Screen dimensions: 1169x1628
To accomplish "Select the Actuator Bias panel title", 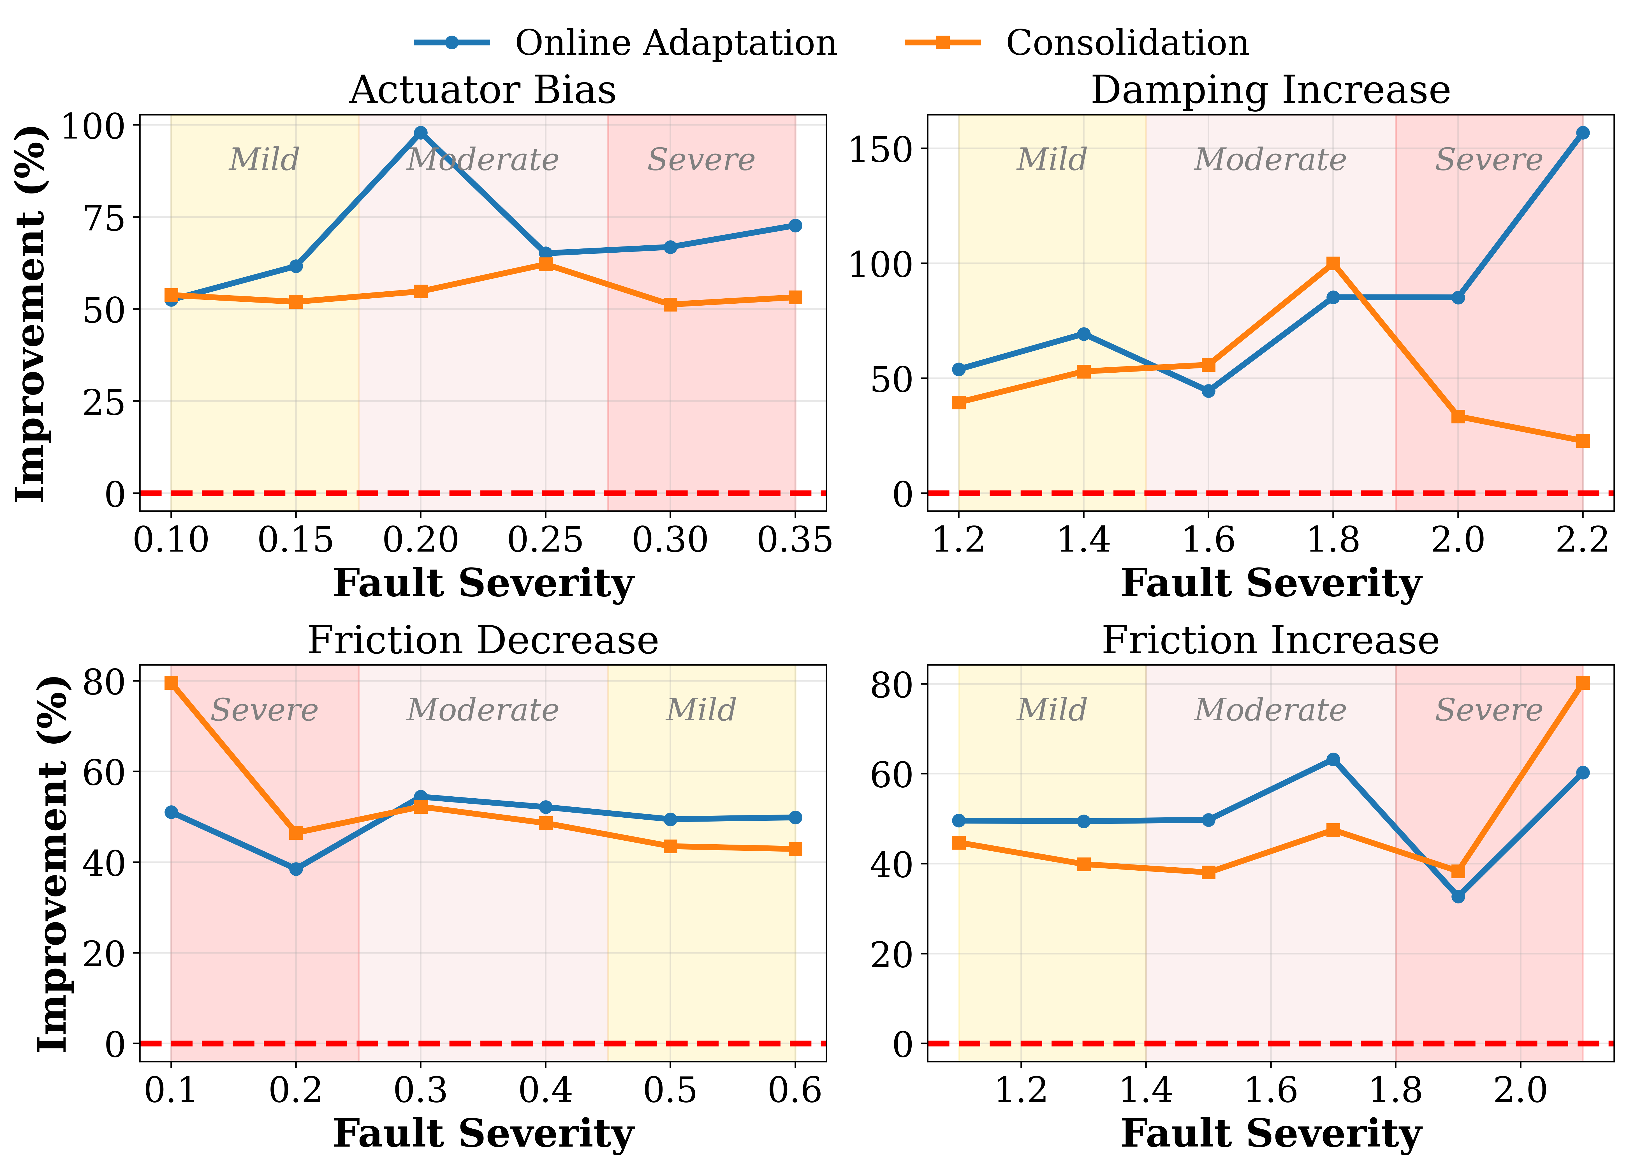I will tap(482, 91).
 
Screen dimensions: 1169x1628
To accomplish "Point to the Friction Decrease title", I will tap(482, 640).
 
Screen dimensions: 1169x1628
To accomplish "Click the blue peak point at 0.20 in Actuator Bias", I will tap(421, 133).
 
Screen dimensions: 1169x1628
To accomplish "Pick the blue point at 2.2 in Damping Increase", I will tap(1582, 133).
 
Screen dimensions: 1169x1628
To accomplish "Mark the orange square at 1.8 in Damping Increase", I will tap(1333, 264).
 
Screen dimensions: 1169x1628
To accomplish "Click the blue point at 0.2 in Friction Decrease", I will tap(296, 869).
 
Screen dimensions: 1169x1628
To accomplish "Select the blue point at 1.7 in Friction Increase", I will tap(1333, 760).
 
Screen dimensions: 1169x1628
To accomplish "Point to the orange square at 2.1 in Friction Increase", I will tap(1582, 683).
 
